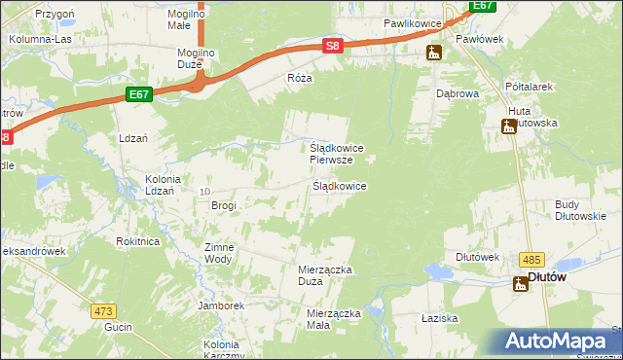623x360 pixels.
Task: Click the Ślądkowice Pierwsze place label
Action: pos(337,154)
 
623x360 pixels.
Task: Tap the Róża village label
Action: pos(299,77)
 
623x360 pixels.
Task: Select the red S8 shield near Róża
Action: pos(333,46)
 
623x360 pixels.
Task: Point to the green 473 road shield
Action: pos(104,311)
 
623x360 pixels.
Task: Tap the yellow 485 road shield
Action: pos(531,258)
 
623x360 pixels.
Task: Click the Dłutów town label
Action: pos(547,277)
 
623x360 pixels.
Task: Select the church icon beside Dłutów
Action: pos(521,283)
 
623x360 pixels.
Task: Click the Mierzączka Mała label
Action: pos(333,319)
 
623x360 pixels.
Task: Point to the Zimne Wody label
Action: pos(218,253)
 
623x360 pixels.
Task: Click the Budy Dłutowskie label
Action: pos(580,210)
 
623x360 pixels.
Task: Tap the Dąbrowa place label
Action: pos(457,94)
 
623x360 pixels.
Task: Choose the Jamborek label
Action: pos(219,306)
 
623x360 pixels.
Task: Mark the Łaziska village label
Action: pos(440,318)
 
